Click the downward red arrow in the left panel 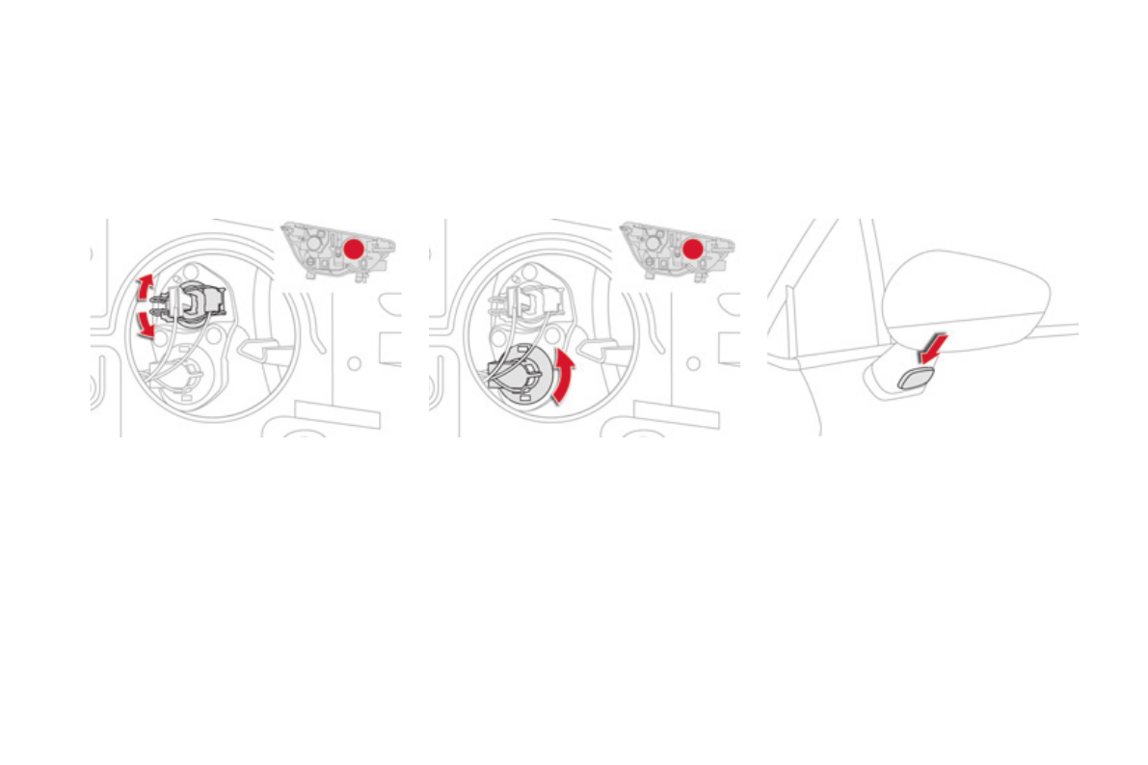click(145, 326)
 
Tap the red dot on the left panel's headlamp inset click(354, 249)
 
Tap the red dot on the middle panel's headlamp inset click(692, 249)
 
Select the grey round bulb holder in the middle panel click(521, 379)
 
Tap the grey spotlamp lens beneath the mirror click(917, 377)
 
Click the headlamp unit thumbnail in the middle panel click(676, 251)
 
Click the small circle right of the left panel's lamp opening click(354, 363)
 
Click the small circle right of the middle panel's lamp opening click(692, 363)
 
